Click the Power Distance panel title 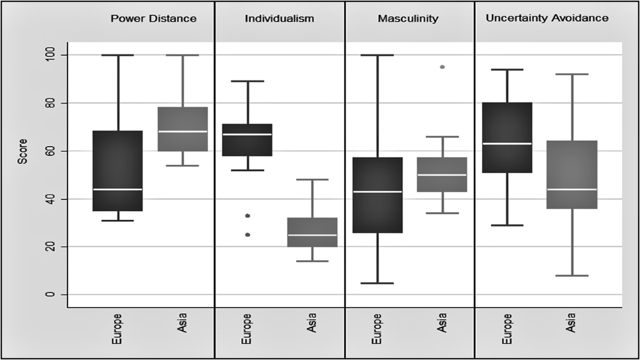(153, 19)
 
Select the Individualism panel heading (279, 19)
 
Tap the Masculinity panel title (408, 19)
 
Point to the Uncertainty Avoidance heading (547, 18)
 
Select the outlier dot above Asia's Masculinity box (442, 67)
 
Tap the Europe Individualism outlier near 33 (247, 215)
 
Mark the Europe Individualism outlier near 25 (247, 235)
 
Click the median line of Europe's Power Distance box (118, 189)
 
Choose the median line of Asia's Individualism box (313, 235)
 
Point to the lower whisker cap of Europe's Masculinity (377, 283)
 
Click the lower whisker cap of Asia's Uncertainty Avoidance (572, 276)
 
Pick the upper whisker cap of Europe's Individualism (247, 81)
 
